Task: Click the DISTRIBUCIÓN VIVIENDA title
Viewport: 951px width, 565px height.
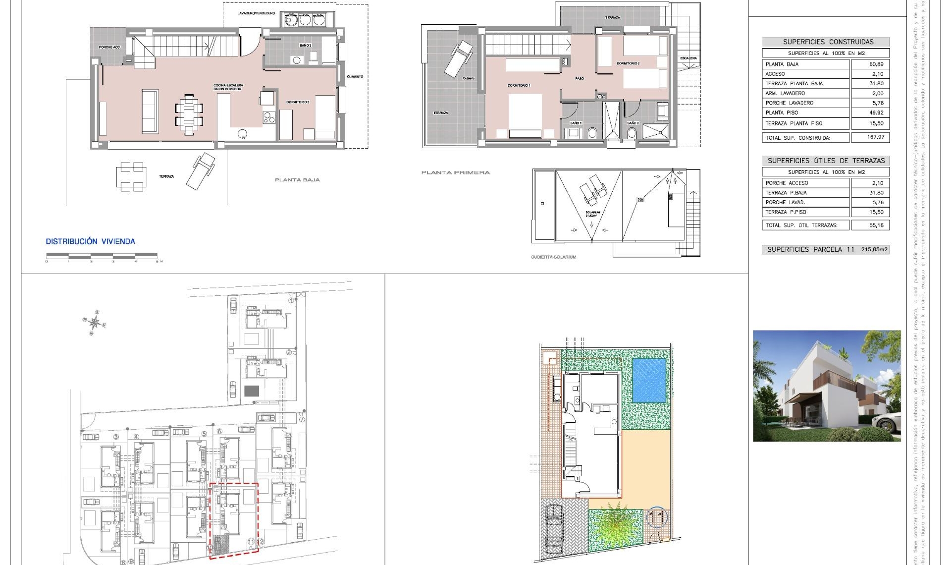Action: click(90, 241)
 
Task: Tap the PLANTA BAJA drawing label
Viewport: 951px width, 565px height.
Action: click(297, 180)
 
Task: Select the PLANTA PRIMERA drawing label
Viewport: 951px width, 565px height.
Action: click(455, 172)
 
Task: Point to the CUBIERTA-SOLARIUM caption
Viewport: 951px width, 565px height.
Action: click(553, 257)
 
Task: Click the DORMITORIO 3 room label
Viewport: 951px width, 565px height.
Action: click(298, 102)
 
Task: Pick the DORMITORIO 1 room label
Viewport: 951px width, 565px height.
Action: click(519, 85)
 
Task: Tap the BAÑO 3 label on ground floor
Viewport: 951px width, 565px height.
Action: click(305, 45)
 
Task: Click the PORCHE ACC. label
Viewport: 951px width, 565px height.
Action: click(109, 47)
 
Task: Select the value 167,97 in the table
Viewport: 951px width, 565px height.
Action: click(876, 137)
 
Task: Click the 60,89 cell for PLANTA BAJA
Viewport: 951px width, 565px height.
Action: click(876, 64)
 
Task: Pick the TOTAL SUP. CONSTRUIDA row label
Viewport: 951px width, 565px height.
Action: click(797, 138)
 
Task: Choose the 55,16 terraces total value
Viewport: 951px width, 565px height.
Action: click(876, 225)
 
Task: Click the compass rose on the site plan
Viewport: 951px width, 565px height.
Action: click(94, 323)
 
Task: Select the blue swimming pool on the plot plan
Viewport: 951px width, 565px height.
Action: click(649, 381)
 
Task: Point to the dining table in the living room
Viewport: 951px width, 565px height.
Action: click(189, 113)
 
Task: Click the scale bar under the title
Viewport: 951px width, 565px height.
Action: click(102, 256)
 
